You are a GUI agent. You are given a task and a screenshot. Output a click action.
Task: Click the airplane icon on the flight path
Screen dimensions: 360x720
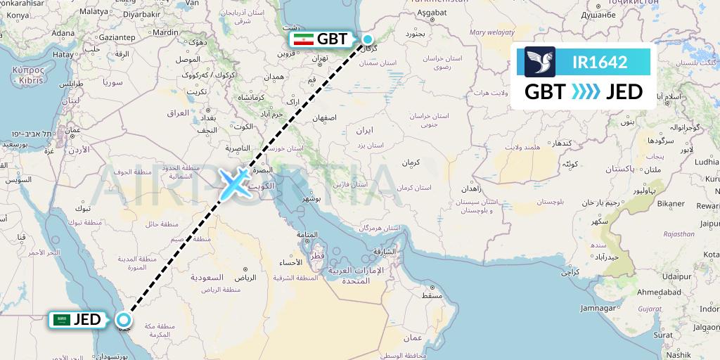(231, 184)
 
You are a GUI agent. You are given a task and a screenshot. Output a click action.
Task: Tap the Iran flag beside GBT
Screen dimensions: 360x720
(303, 39)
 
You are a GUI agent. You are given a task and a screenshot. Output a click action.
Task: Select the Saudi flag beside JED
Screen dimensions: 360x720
(63, 321)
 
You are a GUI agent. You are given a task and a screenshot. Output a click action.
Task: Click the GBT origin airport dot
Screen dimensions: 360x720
(367, 39)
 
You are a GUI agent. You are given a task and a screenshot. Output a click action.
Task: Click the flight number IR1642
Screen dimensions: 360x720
(600, 62)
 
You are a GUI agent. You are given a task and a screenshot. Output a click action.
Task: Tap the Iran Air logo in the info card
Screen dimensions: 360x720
(540, 62)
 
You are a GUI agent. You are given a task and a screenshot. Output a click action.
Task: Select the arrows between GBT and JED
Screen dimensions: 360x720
(586, 92)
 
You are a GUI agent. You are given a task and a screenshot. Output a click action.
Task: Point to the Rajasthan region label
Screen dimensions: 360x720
(678, 234)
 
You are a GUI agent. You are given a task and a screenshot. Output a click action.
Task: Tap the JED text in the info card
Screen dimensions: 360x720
(624, 92)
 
